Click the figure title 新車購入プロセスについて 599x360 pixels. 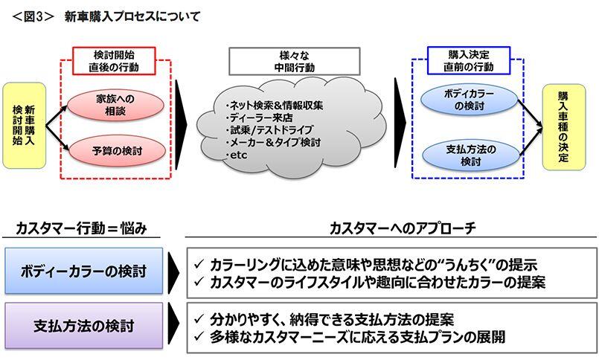coord(132,16)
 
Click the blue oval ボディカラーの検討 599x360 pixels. coord(469,100)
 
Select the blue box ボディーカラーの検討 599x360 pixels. coord(83,271)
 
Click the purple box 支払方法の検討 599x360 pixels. coord(83,326)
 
